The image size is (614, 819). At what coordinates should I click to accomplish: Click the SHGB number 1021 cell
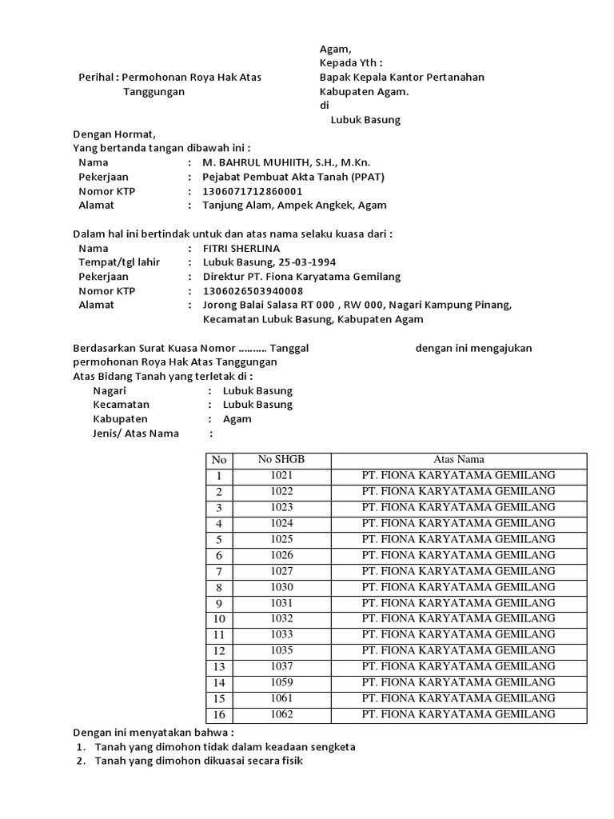tap(281, 475)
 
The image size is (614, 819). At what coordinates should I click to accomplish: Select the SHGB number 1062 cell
tap(281, 714)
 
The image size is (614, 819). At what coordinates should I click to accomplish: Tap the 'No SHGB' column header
tap(281, 459)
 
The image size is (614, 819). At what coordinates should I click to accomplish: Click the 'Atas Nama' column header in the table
tap(459, 459)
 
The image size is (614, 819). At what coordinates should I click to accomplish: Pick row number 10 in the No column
tap(218, 619)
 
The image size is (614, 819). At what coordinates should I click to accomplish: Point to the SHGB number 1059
tap(281, 682)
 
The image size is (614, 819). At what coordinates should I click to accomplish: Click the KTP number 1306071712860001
tap(253, 191)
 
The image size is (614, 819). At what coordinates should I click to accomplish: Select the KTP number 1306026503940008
tap(253, 290)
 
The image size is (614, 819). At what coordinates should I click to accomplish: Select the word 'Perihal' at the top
tap(94, 78)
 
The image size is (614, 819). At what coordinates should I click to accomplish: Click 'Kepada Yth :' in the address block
tap(351, 63)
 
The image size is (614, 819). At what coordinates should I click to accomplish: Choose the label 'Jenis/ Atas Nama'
tap(136, 433)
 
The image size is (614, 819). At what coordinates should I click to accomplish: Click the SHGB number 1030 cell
tap(281, 587)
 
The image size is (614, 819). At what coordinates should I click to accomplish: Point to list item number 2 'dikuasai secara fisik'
tap(198, 761)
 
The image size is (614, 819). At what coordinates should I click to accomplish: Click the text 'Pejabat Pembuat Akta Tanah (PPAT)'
tap(289, 177)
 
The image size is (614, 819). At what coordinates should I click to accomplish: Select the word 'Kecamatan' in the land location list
tap(120, 405)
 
